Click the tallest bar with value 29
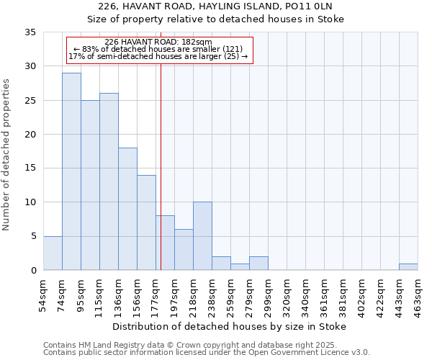(71, 171)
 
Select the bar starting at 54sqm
(53, 253)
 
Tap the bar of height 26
(109, 181)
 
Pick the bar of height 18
(127, 209)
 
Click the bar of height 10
(202, 236)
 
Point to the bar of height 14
(146, 222)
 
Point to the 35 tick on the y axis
(30, 32)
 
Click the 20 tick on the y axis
(30, 135)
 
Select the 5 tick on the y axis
(33, 236)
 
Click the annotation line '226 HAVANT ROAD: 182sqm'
(158, 42)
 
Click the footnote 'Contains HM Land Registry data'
(170, 345)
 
